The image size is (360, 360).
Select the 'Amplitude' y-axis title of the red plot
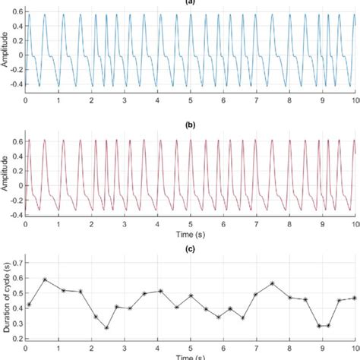click(x=6, y=174)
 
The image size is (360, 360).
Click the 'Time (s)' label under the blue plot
click(x=191, y=112)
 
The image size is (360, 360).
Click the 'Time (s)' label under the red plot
click(x=191, y=235)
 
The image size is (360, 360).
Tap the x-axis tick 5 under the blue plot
click(x=191, y=100)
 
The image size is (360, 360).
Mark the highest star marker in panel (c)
click(x=45, y=279)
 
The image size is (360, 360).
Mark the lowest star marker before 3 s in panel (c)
click(x=106, y=328)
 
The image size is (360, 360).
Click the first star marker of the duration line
click(x=29, y=305)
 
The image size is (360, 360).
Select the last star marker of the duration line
click(x=354, y=298)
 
